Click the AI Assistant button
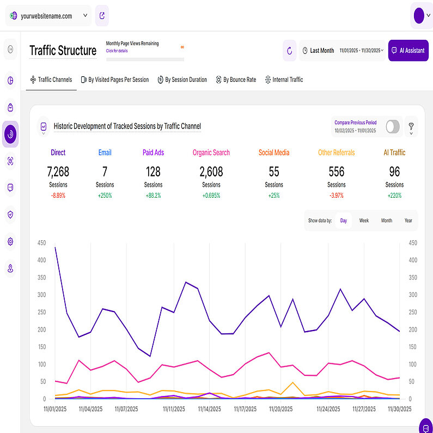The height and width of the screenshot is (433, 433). tap(408, 51)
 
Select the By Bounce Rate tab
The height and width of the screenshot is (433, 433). tap(235, 80)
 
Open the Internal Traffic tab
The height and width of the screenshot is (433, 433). tap(283, 80)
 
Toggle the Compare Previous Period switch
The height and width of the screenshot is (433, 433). tap(393, 127)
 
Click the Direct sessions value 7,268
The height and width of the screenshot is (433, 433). tap(58, 172)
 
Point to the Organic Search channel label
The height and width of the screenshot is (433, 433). tap(211, 153)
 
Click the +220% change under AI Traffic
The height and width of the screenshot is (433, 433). tap(394, 195)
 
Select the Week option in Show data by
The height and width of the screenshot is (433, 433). tap(364, 221)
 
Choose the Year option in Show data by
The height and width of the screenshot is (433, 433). tap(408, 221)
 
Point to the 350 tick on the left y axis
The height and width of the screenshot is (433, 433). tap(42, 278)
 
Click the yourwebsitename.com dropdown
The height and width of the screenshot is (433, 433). tap(48, 16)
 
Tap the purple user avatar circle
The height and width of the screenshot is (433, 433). tap(419, 16)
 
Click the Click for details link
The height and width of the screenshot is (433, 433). tap(117, 51)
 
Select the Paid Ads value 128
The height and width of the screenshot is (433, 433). tap(153, 172)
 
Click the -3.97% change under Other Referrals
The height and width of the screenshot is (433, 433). tap(337, 195)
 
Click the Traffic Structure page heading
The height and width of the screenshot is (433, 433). tap(63, 51)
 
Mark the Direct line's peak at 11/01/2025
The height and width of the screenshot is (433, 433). tap(55, 247)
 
